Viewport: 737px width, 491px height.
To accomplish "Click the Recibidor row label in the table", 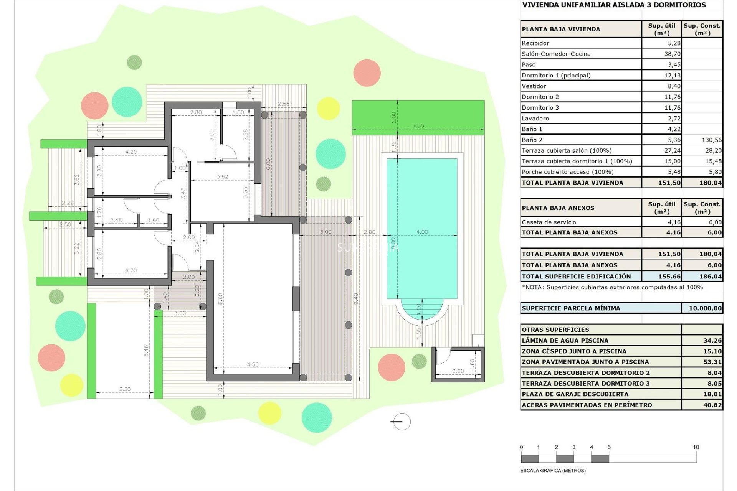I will [535, 43].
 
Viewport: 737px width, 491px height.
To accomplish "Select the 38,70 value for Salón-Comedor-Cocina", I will [672, 54].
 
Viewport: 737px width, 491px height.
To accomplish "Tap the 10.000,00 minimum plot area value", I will [705, 308].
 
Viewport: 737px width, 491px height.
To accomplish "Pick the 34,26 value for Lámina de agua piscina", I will [712, 341].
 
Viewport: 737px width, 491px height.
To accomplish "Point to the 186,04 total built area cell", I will [710, 277].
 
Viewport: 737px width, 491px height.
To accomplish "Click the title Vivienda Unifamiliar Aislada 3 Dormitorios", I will [614, 5].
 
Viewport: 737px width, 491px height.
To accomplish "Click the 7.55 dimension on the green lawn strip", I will [418, 125].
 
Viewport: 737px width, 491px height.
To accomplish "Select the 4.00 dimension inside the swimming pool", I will [422, 232].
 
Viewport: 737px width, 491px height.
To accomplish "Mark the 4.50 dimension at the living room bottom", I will [253, 364].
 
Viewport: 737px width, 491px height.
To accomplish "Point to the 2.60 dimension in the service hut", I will [458, 371].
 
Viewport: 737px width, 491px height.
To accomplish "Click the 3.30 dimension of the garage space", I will [125, 389].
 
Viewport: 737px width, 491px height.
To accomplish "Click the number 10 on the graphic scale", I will [696, 447].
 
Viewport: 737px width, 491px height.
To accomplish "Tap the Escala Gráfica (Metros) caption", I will [553, 471].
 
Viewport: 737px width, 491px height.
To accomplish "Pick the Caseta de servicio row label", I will [549, 222].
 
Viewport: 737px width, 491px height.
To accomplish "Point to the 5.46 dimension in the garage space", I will [146, 351].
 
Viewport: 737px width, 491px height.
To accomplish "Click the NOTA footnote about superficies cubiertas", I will [612, 287].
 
